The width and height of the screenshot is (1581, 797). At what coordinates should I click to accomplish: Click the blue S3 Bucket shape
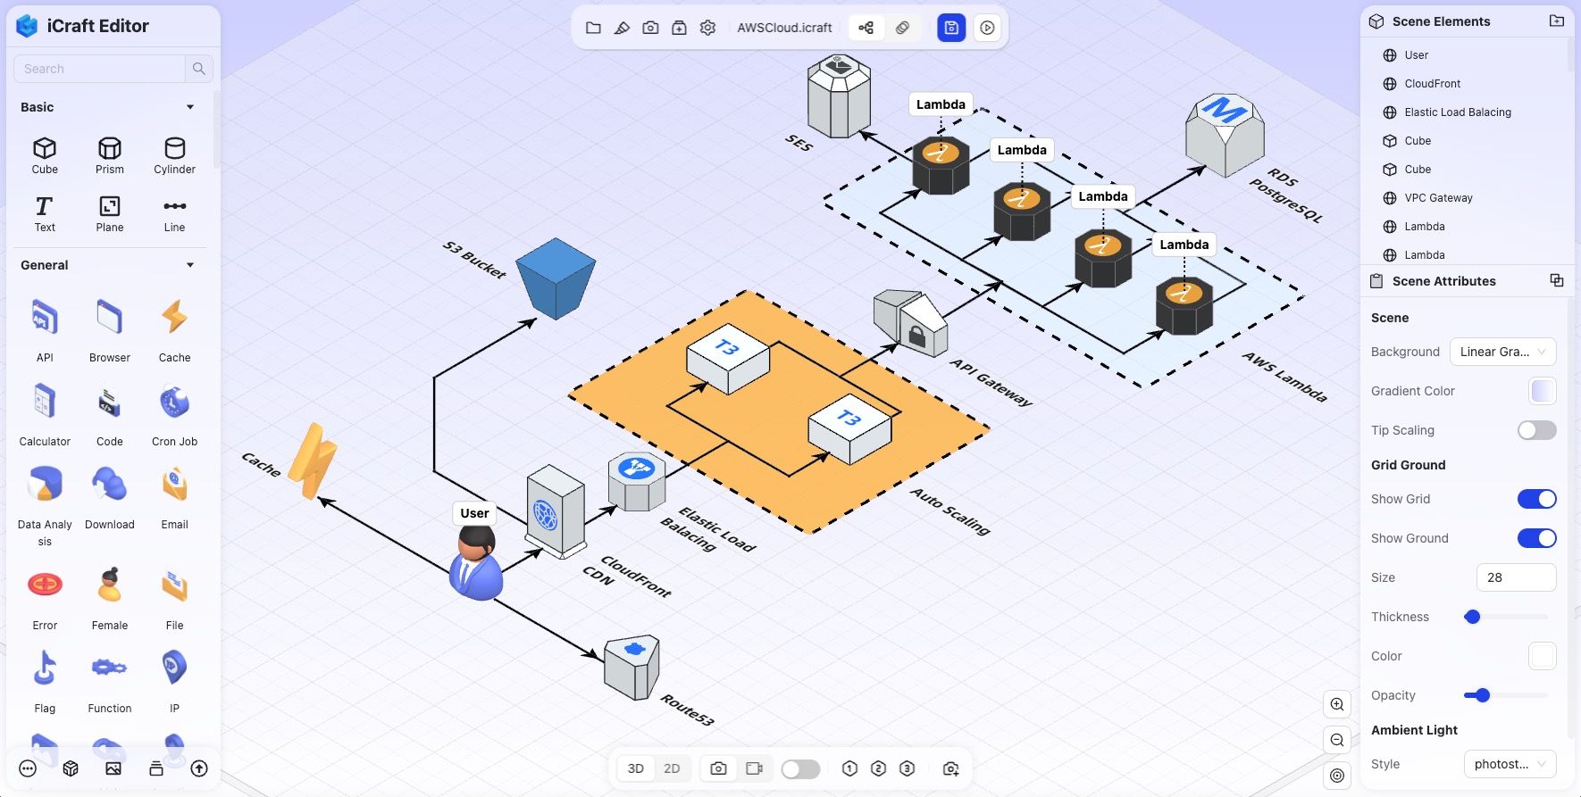pyautogui.click(x=556, y=278)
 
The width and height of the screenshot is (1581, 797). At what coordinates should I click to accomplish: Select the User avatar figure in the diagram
pyautogui.click(x=475, y=564)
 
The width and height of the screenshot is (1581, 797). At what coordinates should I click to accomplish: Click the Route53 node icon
pyautogui.click(x=632, y=668)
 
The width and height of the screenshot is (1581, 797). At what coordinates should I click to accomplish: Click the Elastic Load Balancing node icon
pyautogui.click(x=637, y=481)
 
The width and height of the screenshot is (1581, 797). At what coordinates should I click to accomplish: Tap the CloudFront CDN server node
pyautogui.click(x=555, y=511)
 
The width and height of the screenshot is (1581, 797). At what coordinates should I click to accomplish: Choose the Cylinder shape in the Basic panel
pyautogui.click(x=174, y=154)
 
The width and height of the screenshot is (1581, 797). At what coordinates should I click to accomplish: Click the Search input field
pyautogui.click(x=100, y=69)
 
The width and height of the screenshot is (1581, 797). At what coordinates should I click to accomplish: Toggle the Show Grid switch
pyautogui.click(x=1536, y=499)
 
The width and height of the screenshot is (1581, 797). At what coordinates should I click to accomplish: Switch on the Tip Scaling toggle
pyautogui.click(x=1536, y=430)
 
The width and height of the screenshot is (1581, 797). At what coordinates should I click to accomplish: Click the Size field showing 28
pyautogui.click(x=1516, y=577)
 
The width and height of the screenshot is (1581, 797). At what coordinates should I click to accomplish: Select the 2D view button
pyautogui.click(x=672, y=768)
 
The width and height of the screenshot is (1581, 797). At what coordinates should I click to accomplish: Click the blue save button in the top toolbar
pyautogui.click(x=951, y=28)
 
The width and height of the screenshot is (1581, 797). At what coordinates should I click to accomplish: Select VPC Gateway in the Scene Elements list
pyautogui.click(x=1438, y=198)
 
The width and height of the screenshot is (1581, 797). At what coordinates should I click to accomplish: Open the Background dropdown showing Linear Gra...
pyautogui.click(x=1502, y=352)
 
